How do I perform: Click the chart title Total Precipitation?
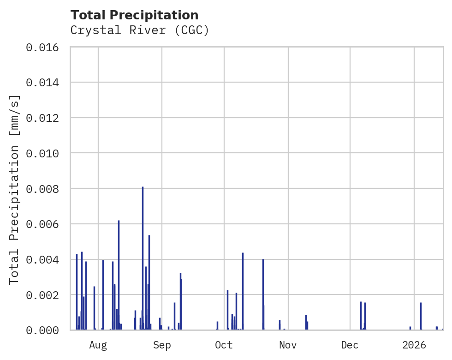pos(135,15)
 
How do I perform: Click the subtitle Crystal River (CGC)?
pos(140,30)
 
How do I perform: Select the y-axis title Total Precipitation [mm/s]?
pos(15,189)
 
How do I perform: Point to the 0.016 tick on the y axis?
pos(45,47)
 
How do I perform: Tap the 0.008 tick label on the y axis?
pos(45,189)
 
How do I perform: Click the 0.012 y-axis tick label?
pos(45,118)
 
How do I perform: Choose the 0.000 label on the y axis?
pos(45,330)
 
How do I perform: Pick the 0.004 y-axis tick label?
pos(45,259)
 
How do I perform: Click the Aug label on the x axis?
pos(98,345)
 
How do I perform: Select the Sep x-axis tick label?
pos(162,345)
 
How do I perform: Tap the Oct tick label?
pos(224,345)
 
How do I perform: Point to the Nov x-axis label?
pos(288,345)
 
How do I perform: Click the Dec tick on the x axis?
pos(350,345)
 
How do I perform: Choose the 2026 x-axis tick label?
pos(414,345)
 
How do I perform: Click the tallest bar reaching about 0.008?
pos(143,258)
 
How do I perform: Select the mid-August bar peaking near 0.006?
pos(119,275)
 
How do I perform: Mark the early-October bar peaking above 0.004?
pos(243,291)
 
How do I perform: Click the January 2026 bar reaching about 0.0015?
pos(421,316)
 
